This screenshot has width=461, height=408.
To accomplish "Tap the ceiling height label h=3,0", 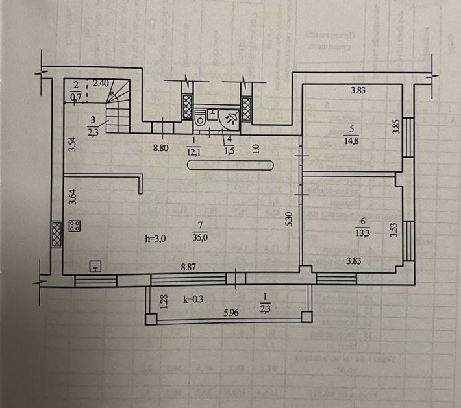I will (156, 239).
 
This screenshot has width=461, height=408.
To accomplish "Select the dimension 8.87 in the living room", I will (188, 265).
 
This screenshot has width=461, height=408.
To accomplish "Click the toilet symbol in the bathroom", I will (201, 117).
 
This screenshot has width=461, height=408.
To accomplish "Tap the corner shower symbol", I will (229, 117).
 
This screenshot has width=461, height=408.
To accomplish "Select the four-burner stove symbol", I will (75, 227).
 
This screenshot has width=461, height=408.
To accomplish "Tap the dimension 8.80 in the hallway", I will (161, 148).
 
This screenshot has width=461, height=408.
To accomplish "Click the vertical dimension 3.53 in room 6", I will (393, 230).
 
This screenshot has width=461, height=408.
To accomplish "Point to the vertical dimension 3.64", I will (73, 197).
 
